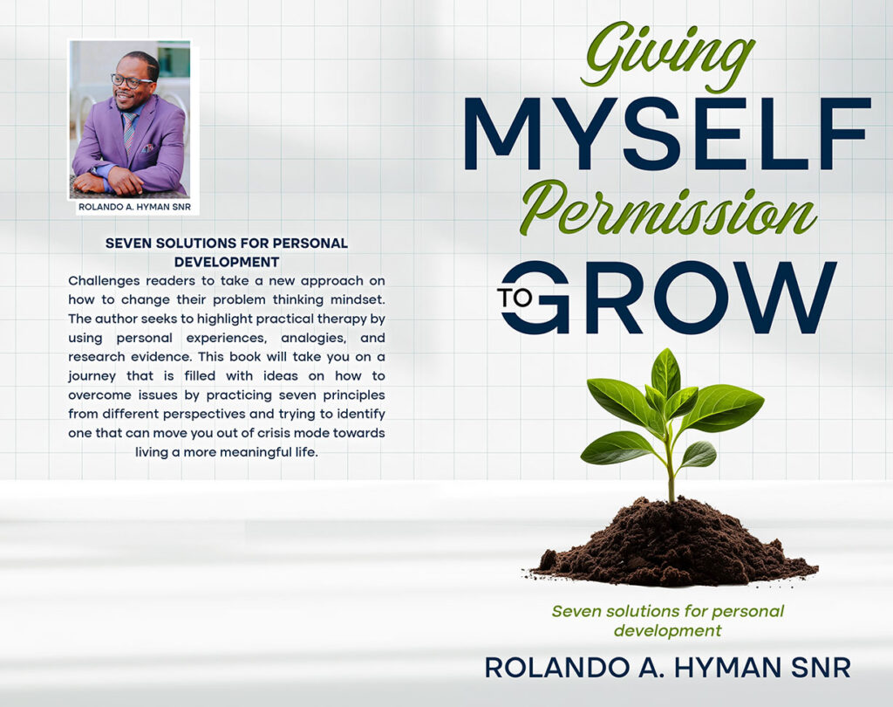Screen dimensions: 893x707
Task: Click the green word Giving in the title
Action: click(667, 57)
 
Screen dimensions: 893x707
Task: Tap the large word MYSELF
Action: click(667, 134)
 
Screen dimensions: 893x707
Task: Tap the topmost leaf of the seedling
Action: click(666, 372)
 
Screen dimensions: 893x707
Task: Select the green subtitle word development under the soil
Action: click(667, 631)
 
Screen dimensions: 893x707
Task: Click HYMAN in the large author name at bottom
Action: click(720, 668)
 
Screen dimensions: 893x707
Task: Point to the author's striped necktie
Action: click(129, 130)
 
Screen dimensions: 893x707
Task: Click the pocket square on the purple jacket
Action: click(147, 148)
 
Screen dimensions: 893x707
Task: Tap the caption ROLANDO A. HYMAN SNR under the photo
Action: click(134, 207)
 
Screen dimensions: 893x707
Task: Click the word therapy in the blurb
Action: click(340, 319)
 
